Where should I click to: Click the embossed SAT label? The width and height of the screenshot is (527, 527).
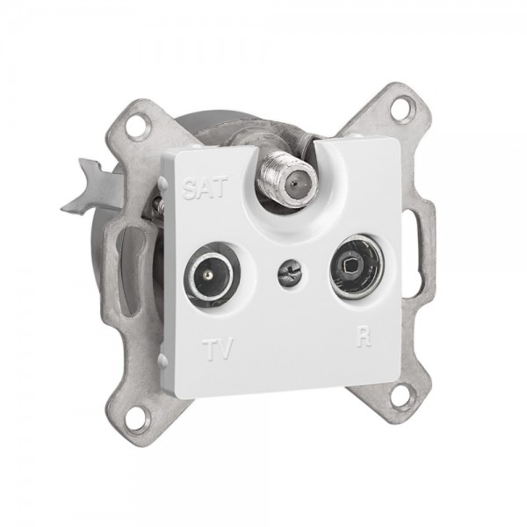tap(205, 188)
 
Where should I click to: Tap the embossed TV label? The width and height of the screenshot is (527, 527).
tap(218, 350)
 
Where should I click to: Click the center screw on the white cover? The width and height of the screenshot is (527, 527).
tap(289, 275)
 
